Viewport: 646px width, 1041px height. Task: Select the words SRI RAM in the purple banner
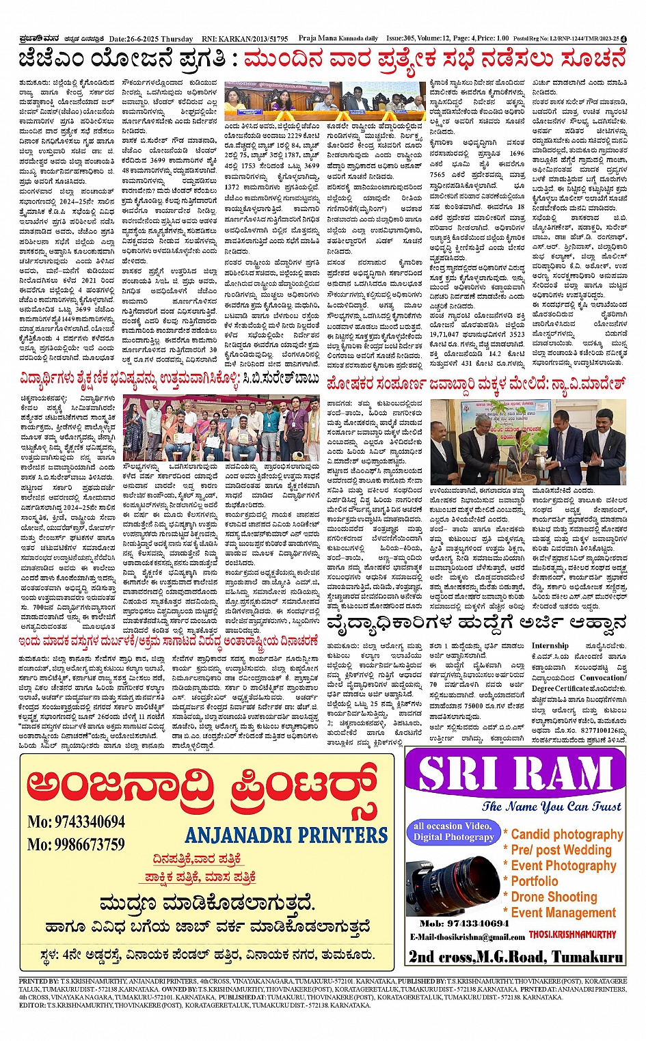[514, 774]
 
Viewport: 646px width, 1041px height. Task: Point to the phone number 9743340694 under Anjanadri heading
[76, 822]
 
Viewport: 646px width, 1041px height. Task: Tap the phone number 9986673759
[76, 844]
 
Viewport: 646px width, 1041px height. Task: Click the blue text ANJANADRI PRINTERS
[286, 835]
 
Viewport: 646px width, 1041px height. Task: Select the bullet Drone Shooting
[553, 897]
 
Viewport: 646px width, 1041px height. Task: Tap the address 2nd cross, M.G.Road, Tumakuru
[516, 956]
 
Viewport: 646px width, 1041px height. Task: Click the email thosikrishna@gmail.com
[468, 936]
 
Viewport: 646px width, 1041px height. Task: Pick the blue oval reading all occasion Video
[453, 831]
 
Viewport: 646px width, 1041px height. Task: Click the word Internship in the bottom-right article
[550, 646]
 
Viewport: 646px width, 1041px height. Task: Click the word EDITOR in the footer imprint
[32, 1005]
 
